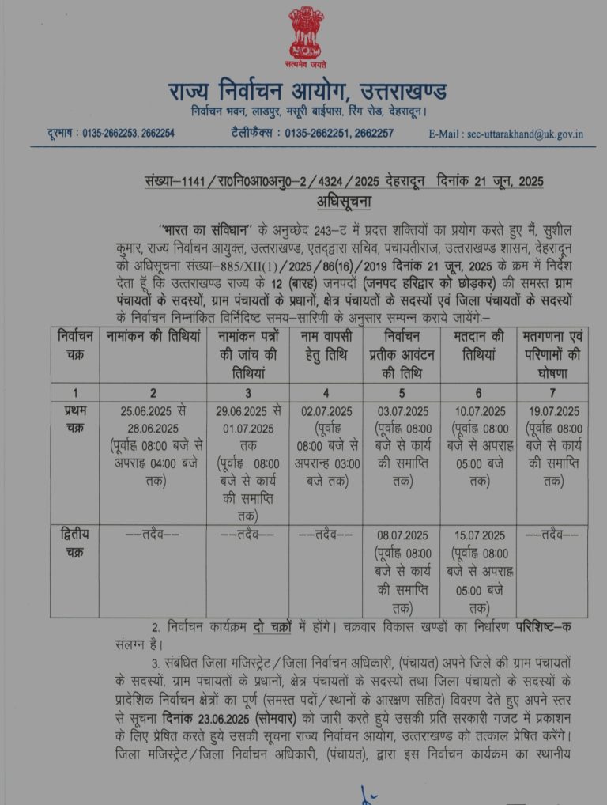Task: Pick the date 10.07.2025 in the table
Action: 480,411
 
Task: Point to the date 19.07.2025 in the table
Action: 552,411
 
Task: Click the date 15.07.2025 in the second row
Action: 480,535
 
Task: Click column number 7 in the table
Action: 552,392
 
